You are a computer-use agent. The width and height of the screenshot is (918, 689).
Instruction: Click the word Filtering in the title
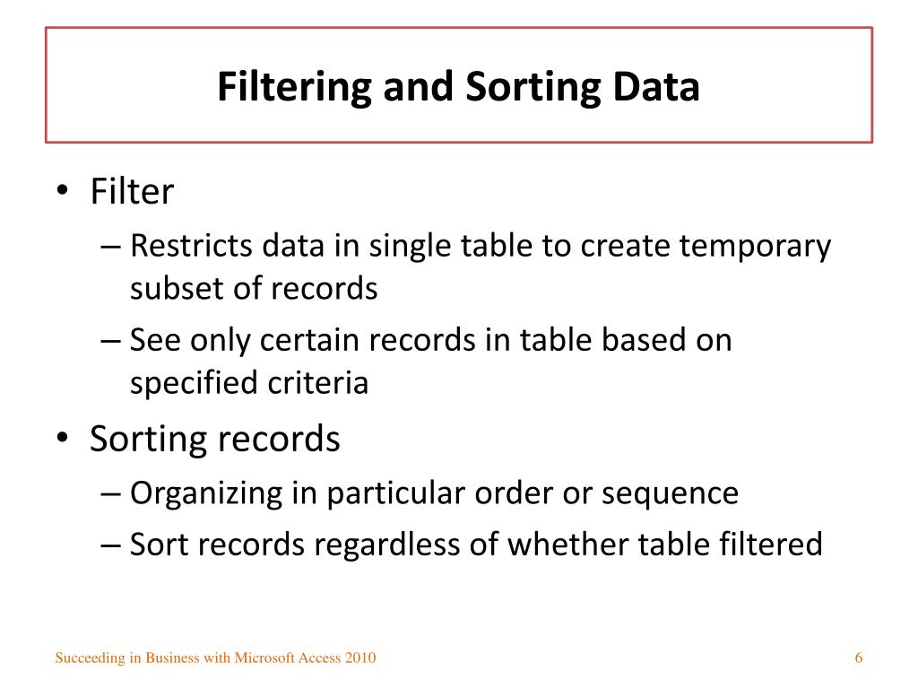pos(295,88)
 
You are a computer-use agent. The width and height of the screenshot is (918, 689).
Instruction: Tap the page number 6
pos(859,658)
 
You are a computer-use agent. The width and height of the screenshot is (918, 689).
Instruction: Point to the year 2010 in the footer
pos(360,658)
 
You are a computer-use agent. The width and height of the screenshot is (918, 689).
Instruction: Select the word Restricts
pos(192,246)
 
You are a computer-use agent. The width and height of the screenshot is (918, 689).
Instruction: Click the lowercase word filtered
pos(771,545)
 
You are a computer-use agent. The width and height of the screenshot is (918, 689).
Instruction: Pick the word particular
pos(404,493)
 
